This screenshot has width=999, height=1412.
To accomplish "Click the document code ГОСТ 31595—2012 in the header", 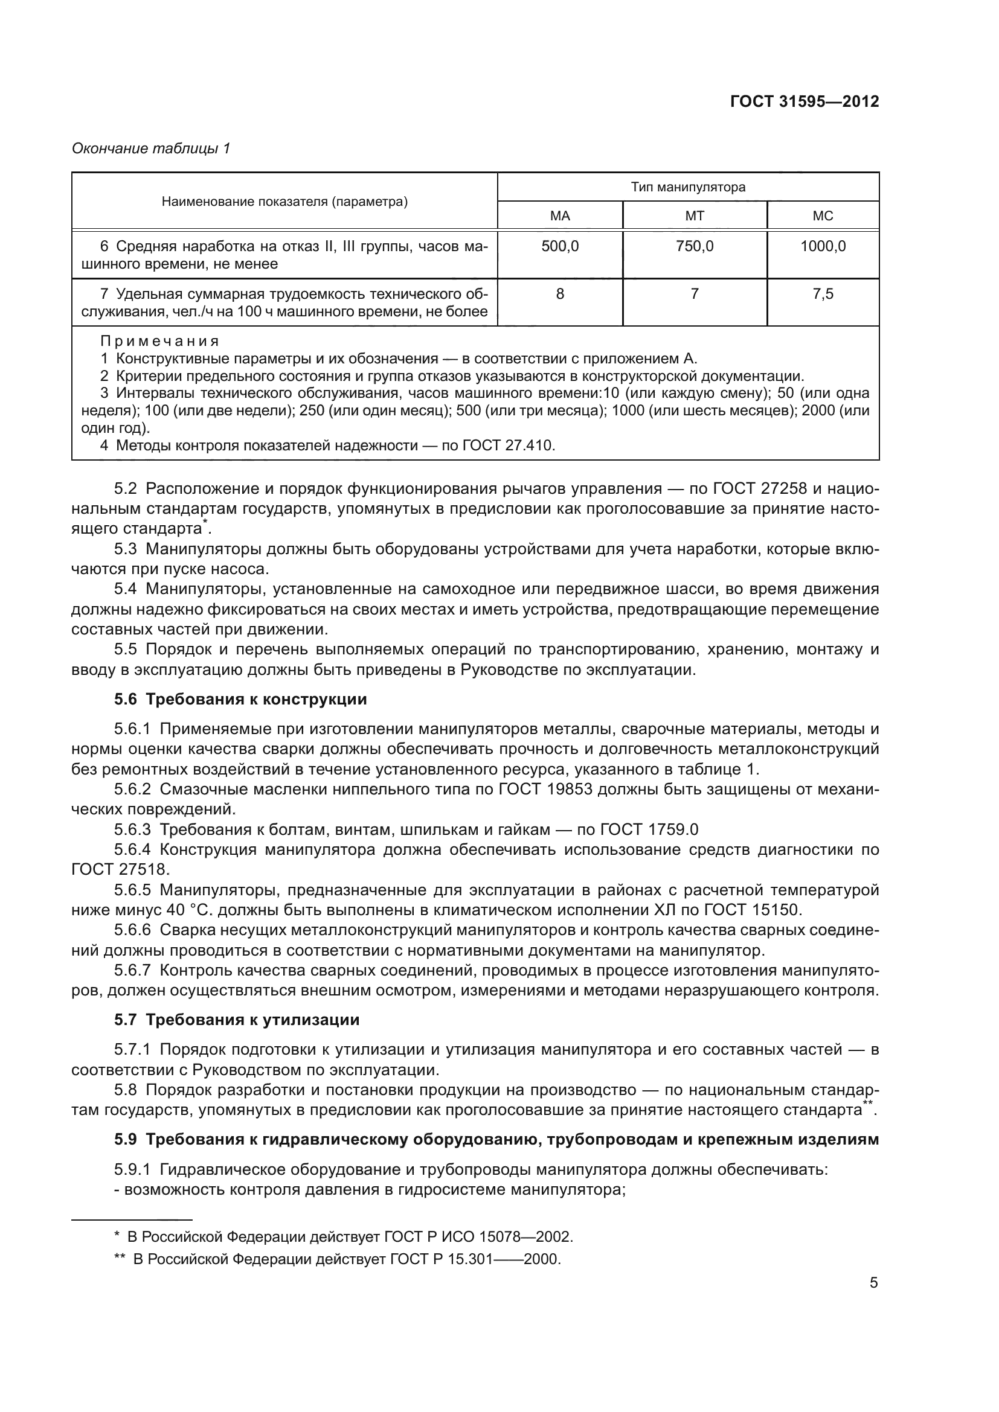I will pos(804,101).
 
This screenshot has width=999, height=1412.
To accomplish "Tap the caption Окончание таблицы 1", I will pos(151,149).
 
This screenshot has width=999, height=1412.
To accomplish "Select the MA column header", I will pos(560,216).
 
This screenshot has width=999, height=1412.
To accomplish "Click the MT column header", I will pos(695,216).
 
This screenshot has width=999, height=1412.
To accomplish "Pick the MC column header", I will pos(823,216).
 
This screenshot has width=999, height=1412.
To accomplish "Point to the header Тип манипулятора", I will pos(688,187).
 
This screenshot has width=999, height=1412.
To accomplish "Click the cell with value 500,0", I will pos(560,247).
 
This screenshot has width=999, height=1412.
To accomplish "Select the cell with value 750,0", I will pos(695,247).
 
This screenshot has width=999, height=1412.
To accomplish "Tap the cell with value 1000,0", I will pos(823,247).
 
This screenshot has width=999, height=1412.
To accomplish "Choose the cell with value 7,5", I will pos(823,294).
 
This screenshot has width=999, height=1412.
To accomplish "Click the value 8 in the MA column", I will pos(560,294).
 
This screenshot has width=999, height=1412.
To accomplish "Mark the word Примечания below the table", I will pos(159,341).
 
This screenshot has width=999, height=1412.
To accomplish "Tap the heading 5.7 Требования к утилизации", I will pos(236,1020).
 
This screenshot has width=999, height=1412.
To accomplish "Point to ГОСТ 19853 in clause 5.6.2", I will pos(545,789).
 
